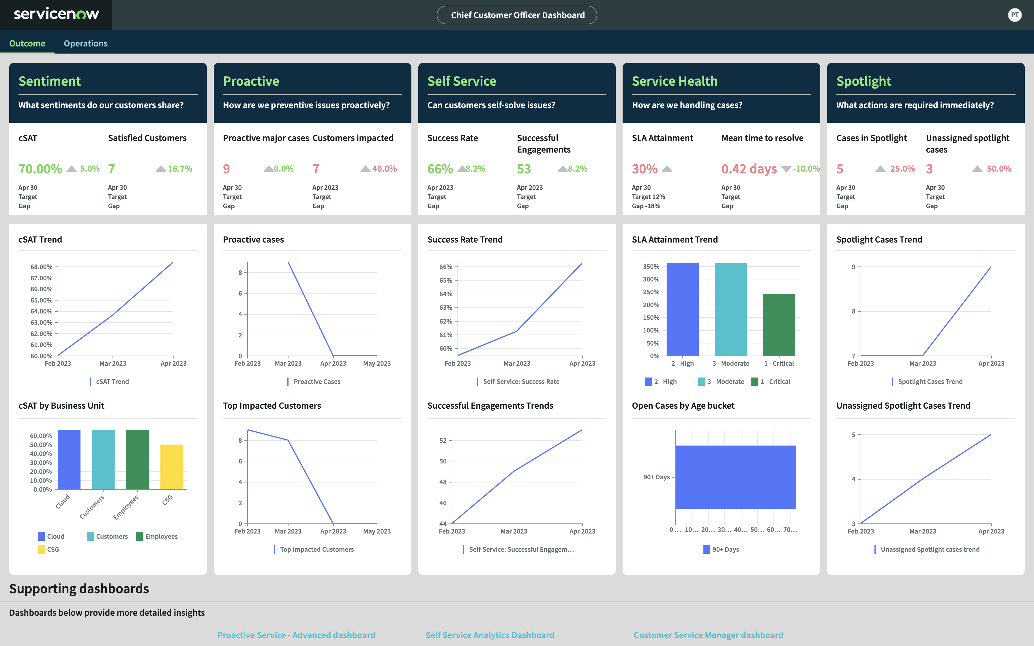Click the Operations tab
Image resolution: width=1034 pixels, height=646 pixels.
coord(85,44)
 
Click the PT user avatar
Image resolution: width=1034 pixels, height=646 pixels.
coord(1014,15)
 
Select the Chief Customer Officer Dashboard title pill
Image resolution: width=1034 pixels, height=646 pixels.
coord(517,15)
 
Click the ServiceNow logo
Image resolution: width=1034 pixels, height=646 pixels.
coord(56,14)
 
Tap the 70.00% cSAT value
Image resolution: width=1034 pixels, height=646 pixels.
coord(40,169)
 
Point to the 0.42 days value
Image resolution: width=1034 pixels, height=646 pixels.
coord(749,169)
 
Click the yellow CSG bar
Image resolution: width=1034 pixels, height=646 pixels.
coord(172,467)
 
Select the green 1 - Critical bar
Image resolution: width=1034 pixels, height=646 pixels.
coord(778,325)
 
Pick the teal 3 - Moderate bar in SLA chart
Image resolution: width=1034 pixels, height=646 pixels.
coord(730,309)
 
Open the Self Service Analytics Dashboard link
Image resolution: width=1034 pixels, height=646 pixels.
coord(490,635)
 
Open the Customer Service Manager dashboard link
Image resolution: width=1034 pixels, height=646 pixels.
coord(708,635)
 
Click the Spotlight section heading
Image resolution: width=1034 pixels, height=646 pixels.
coord(863,81)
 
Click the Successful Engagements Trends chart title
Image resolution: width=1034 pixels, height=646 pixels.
coord(490,405)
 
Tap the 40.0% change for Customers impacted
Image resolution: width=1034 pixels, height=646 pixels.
coord(384,169)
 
